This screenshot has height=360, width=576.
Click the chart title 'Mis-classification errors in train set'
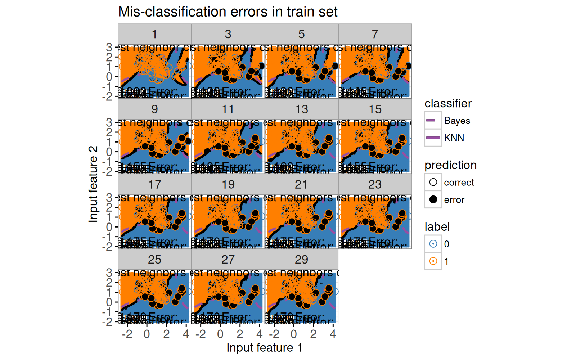pyautogui.click(x=228, y=12)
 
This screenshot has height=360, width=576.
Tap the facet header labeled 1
pyautogui.click(x=154, y=34)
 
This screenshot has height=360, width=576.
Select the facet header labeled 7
pyautogui.click(x=375, y=34)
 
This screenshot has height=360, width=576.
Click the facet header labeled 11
pyautogui.click(x=228, y=109)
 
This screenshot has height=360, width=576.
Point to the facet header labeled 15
pyautogui.click(x=375, y=109)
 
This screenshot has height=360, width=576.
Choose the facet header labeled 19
pyautogui.click(x=228, y=185)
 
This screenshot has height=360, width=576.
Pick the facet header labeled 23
pyautogui.click(x=375, y=185)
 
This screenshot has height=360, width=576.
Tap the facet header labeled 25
pyautogui.click(x=154, y=260)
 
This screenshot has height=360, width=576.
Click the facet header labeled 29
pyautogui.click(x=301, y=260)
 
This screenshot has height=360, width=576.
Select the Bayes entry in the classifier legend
pyautogui.click(x=433, y=121)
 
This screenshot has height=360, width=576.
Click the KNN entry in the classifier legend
pyautogui.click(x=433, y=138)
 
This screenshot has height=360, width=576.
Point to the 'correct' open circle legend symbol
pyautogui.click(x=433, y=182)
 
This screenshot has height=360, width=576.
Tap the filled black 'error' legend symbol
pyautogui.click(x=433, y=199)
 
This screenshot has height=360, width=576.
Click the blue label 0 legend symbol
pyautogui.click(x=433, y=244)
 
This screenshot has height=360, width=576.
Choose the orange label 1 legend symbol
pyautogui.click(x=433, y=261)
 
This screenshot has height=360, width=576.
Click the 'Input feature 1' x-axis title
pyautogui.click(x=264, y=348)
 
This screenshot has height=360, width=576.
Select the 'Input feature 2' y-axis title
pyautogui.click(x=93, y=184)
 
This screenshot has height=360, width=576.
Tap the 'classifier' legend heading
pyautogui.click(x=448, y=104)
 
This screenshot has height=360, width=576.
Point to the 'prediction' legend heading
pyautogui.click(x=450, y=165)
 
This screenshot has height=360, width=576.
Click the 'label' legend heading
pyautogui.click(x=437, y=227)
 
